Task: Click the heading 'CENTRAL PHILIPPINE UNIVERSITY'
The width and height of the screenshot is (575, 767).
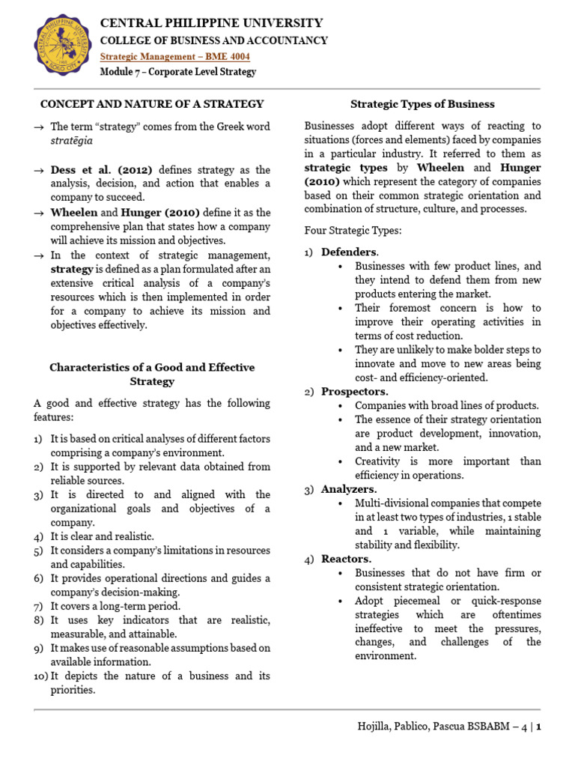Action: tap(212, 23)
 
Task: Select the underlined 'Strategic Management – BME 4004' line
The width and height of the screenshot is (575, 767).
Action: tap(175, 57)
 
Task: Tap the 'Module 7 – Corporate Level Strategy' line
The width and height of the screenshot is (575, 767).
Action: tap(178, 72)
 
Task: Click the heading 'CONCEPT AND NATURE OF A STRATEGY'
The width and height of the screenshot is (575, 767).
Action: tap(152, 104)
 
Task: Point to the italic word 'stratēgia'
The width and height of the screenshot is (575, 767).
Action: tap(72, 140)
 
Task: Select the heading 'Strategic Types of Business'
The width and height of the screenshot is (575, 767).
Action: tap(422, 104)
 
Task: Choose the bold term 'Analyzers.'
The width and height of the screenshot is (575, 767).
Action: tap(349, 489)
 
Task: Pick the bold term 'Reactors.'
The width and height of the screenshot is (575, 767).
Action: tap(346, 559)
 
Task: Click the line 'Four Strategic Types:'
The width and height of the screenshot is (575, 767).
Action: tap(352, 231)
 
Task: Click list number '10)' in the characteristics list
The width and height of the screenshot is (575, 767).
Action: tap(40, 676)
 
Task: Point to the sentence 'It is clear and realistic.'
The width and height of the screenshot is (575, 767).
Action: tap(103, 536)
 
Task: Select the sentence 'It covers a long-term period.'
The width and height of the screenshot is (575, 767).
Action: tap(115, 606)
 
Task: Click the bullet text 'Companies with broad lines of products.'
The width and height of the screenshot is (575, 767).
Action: tap(447, 405)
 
